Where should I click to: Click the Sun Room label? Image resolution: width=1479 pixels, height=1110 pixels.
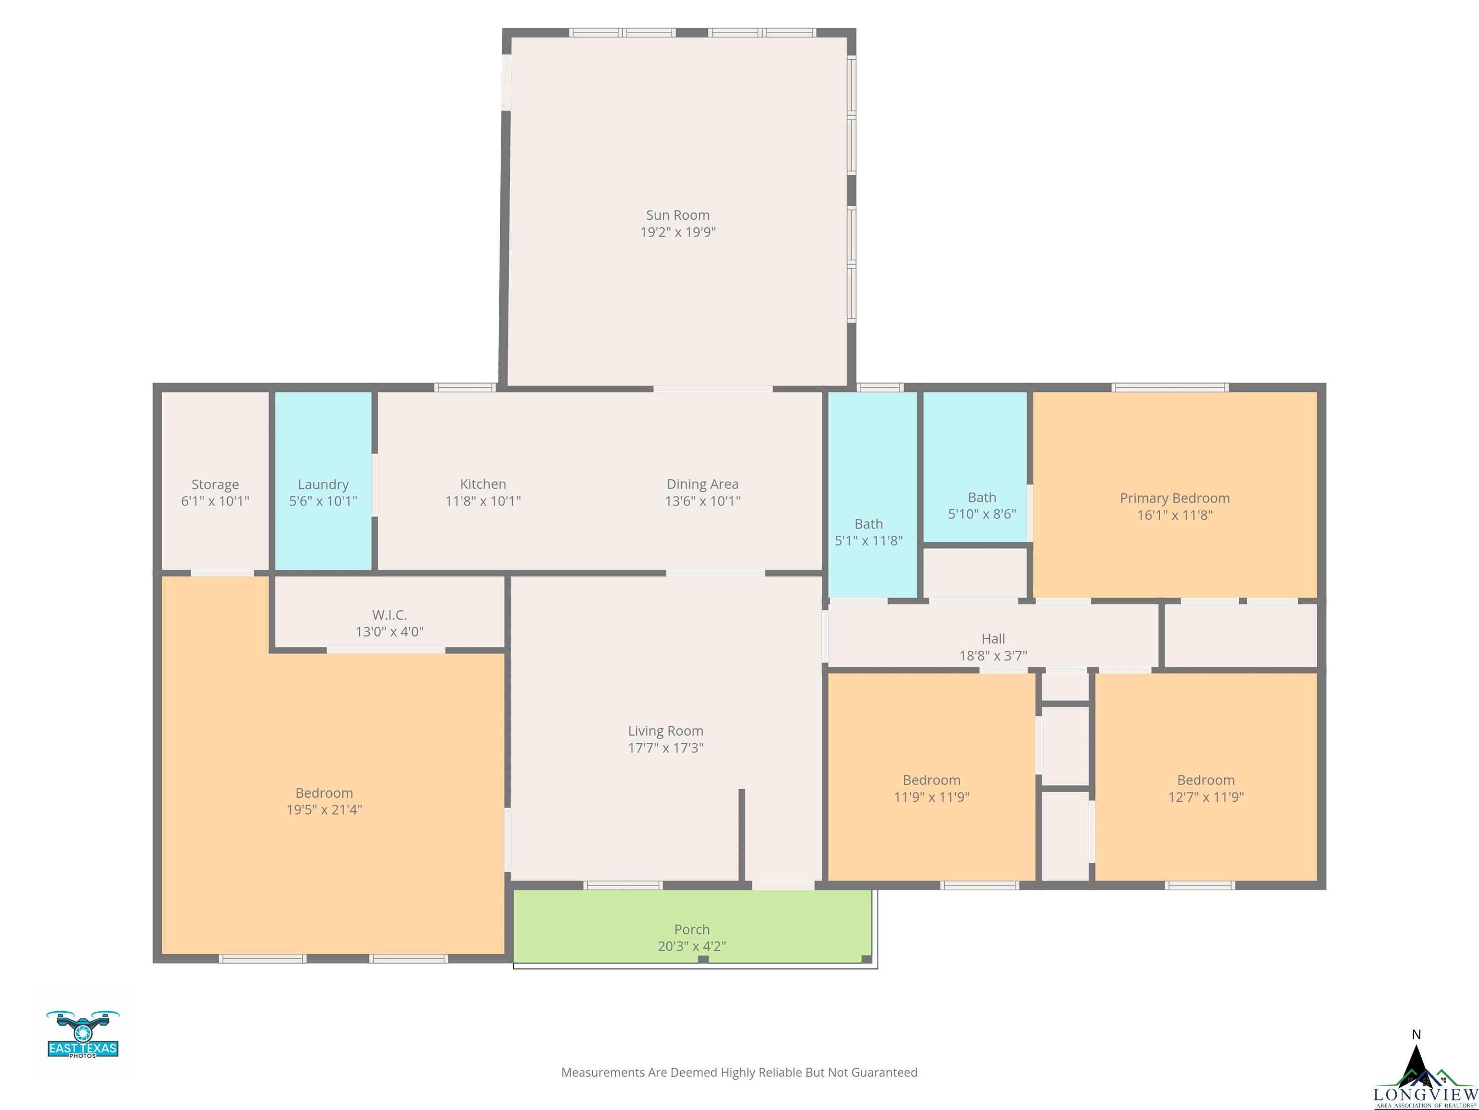point(677,215)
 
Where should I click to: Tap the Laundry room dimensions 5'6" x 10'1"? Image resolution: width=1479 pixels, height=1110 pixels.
point(323,501)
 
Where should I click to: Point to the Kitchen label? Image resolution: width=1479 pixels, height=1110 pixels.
point(483,484)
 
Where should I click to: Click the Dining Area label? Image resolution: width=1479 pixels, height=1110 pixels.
point(702,484)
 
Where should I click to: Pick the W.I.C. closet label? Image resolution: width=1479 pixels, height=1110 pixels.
point(389,615)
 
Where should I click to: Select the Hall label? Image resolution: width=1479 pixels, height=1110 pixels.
point(993,639)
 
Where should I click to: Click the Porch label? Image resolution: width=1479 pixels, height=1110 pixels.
point(691,929)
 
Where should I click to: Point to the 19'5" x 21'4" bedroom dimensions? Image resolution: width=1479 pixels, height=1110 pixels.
point(324,809)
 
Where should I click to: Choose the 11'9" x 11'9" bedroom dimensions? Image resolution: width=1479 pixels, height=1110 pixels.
point(932,797)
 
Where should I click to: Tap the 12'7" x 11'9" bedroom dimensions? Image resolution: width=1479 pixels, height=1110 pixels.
point(1206,797)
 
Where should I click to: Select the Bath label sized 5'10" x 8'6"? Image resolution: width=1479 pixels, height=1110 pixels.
point(982,498)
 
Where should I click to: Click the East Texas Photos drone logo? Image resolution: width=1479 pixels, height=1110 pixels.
point(83,1034)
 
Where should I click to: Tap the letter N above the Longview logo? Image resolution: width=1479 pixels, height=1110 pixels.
point(1415,1035)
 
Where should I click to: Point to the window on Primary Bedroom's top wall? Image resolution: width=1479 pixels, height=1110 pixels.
point(1170,387)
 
